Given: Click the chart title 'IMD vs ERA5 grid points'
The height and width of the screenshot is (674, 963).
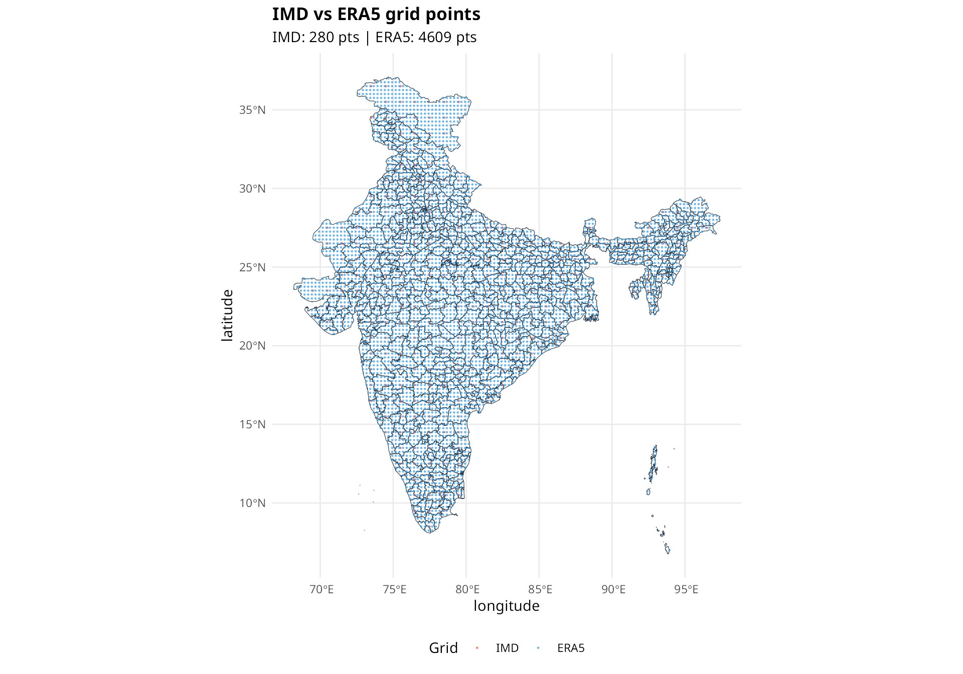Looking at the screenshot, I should [x=376, y=15].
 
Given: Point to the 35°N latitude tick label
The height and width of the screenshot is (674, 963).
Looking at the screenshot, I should [x=252, y=110].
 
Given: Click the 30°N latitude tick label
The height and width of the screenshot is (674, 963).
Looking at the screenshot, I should [x=252, y=189].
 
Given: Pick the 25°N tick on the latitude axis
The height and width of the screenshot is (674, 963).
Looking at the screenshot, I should [x=252, y=267].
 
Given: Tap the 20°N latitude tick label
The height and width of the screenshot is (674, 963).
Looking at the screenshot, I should [x=252, y=346].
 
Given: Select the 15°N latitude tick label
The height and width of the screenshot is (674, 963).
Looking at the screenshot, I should [x=252, y=424].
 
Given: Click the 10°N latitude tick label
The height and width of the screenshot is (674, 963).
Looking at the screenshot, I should [x=252, y=503].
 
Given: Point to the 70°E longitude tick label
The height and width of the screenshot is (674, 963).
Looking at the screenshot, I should [x=322, y=589].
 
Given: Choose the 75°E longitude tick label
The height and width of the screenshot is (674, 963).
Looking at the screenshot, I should [x=394, y=589].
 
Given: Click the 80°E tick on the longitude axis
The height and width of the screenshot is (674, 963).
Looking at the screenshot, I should [x=467, y=589].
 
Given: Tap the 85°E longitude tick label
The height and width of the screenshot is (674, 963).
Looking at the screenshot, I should [x=540, y=589].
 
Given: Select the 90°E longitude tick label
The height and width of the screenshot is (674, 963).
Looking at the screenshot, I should [x=613, y=589].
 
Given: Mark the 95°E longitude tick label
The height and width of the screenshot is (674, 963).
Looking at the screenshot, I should [x=686, y=589].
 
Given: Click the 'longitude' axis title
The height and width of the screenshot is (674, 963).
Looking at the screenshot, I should [x=506, y=606].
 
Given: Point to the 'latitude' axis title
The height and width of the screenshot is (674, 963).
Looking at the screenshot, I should [x=227, y=315].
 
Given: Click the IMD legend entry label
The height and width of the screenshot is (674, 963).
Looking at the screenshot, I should [x=507, y=648].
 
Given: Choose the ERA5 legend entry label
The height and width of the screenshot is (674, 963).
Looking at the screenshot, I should [x=571, y=648].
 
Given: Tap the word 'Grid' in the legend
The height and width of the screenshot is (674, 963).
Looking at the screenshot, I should [x=443, y=648].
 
